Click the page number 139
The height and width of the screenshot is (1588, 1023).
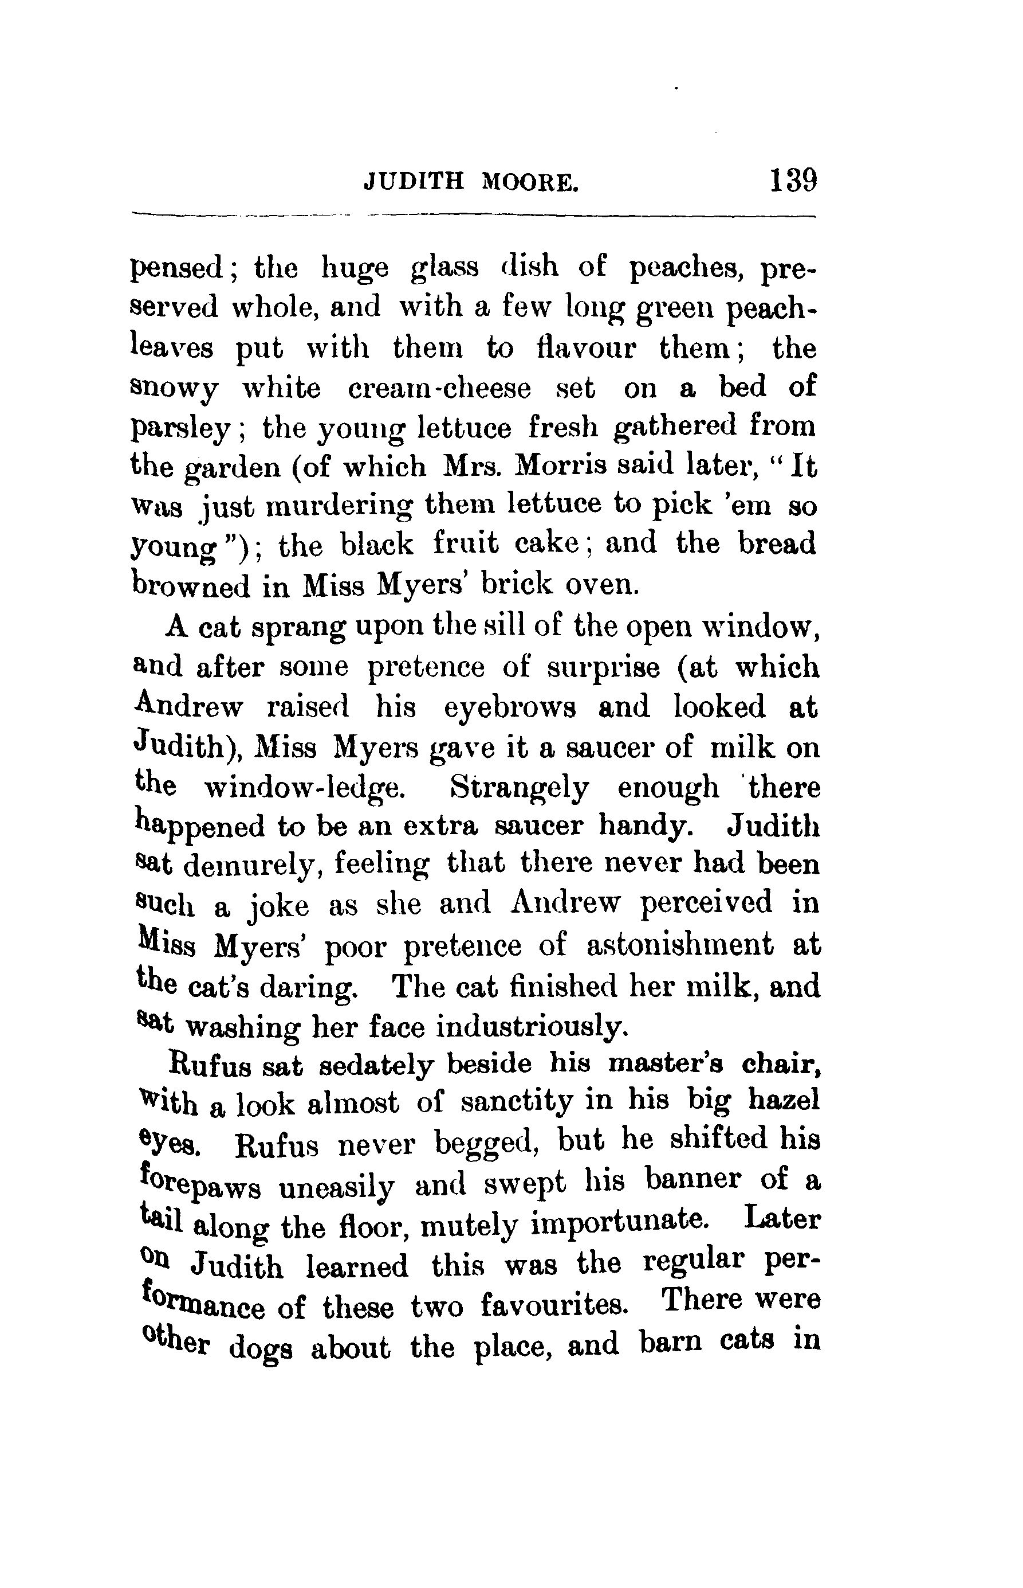[x=793, y=180]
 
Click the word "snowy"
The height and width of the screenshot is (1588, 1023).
[x=174, y=389]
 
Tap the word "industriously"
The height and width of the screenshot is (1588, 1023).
[x=532, y=1027]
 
